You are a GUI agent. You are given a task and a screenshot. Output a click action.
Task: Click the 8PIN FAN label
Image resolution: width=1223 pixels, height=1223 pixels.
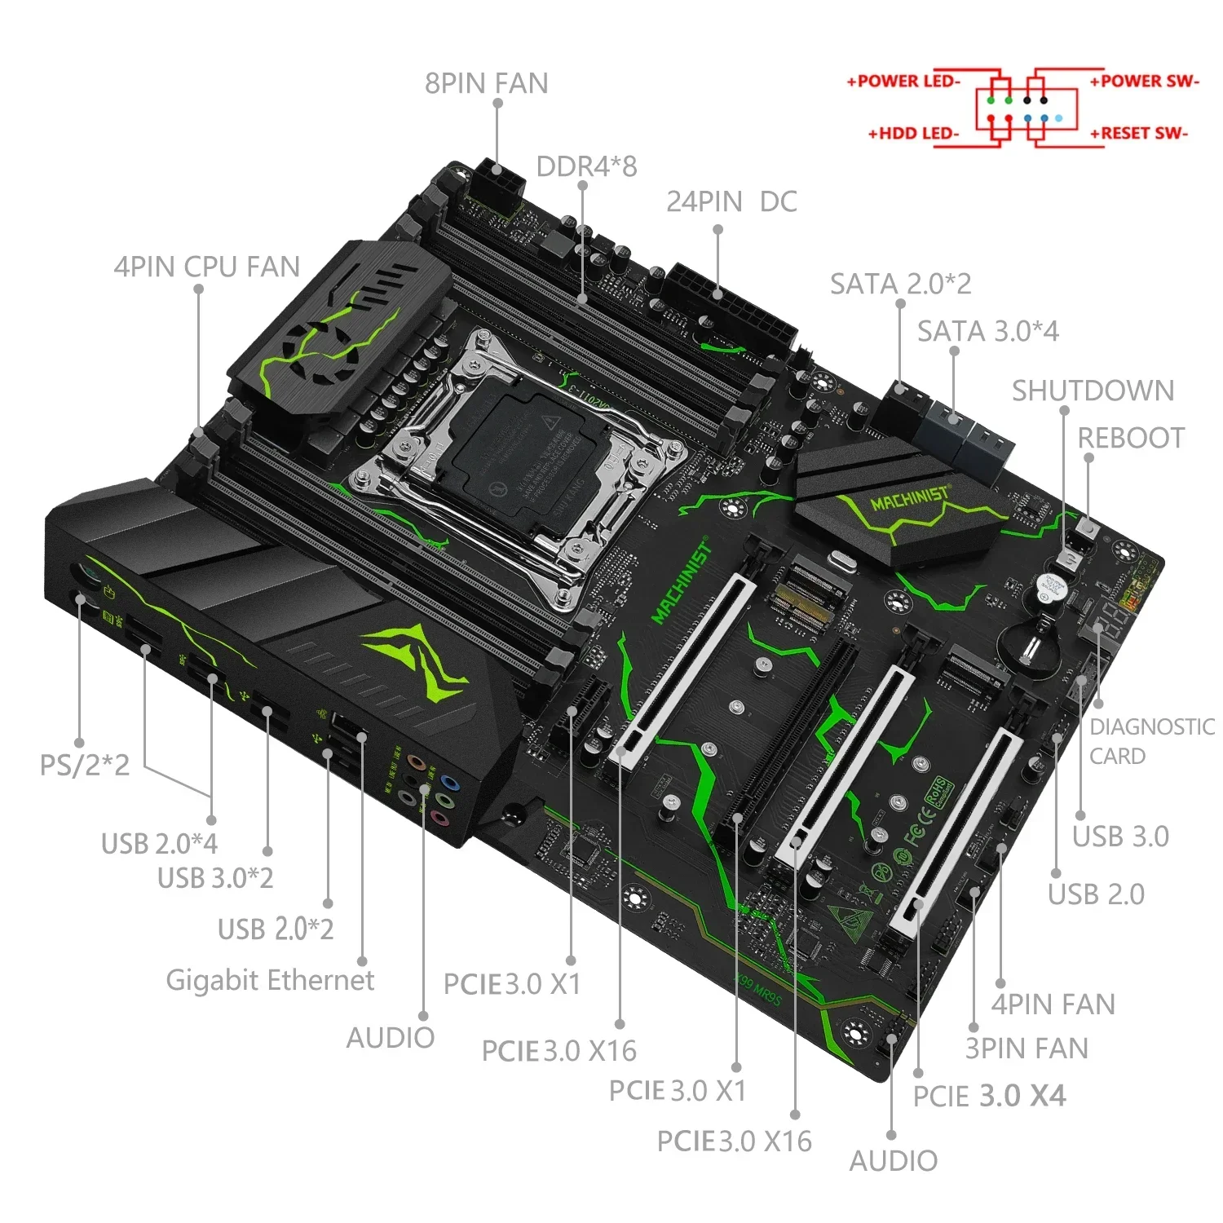point(486,83)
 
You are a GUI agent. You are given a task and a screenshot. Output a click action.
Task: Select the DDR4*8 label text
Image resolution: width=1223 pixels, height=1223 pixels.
point(586,166)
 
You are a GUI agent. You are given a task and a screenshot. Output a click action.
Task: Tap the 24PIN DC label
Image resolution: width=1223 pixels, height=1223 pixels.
point(731,201)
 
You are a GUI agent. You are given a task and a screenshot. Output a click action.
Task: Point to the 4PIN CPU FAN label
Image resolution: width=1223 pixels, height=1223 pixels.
point(206,267)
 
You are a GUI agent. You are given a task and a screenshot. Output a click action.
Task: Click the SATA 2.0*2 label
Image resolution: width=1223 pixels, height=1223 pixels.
point(900,284)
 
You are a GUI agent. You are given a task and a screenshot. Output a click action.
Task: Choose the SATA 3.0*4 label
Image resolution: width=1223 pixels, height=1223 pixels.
point(987,331)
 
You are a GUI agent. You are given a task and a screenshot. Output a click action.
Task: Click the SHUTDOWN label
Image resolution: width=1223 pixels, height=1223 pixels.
point(1093,391)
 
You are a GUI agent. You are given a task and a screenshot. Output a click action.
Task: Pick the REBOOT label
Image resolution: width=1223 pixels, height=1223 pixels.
point(1131,438)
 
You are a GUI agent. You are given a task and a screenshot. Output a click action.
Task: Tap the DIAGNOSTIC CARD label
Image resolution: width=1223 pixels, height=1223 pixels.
point(1150,740)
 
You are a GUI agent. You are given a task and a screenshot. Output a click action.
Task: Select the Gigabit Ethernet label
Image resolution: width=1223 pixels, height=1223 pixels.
point(270,979)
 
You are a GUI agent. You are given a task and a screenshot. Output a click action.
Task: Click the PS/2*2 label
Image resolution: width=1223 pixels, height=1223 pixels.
point(85,765)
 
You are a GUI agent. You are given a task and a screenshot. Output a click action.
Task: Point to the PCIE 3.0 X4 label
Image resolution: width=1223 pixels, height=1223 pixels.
point(988,1096)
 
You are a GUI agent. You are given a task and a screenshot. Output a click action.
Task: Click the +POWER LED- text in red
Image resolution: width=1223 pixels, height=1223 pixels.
point(903,81)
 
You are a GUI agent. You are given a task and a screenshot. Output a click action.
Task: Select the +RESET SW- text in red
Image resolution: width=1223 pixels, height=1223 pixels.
point(1139,133)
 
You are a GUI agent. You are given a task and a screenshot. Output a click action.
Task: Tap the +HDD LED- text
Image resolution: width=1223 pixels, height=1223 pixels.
point(913,133)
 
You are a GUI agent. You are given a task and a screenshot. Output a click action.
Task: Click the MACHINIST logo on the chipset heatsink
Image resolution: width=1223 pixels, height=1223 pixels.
point(909,497)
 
